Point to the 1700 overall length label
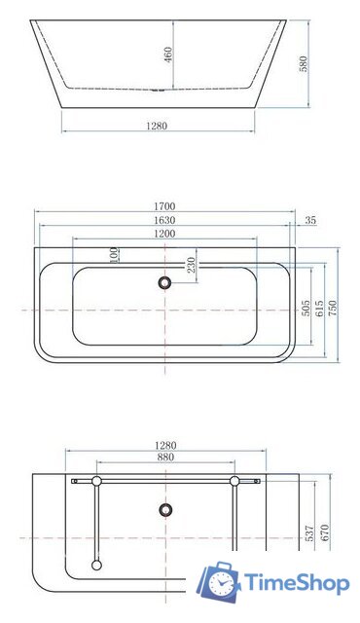[164, 206]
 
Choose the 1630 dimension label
[164, 220]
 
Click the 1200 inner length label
[164, 235]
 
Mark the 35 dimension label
[310, 221]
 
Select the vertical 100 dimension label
[115, 255]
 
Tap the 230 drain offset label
[192, 262]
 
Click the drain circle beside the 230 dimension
[164, 282]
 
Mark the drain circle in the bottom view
[164, 509]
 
